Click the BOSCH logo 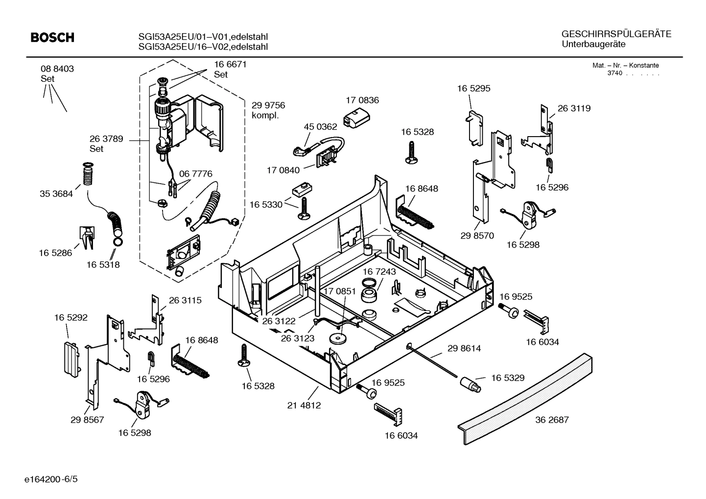[52, 38]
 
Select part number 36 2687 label [552, 420]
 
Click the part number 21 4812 [304, 405]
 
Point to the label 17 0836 [362, 100]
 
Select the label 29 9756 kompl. [268, 110]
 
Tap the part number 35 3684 [56, 194]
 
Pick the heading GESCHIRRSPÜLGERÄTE [616, 34]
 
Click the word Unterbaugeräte [593, 45]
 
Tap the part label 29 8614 [464, 348]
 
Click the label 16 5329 [507, 378]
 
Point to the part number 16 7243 [379, 271]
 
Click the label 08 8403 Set [57, 73]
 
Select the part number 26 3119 [574, 108]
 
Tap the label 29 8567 [87, 420]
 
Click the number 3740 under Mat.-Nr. [614, 73]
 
